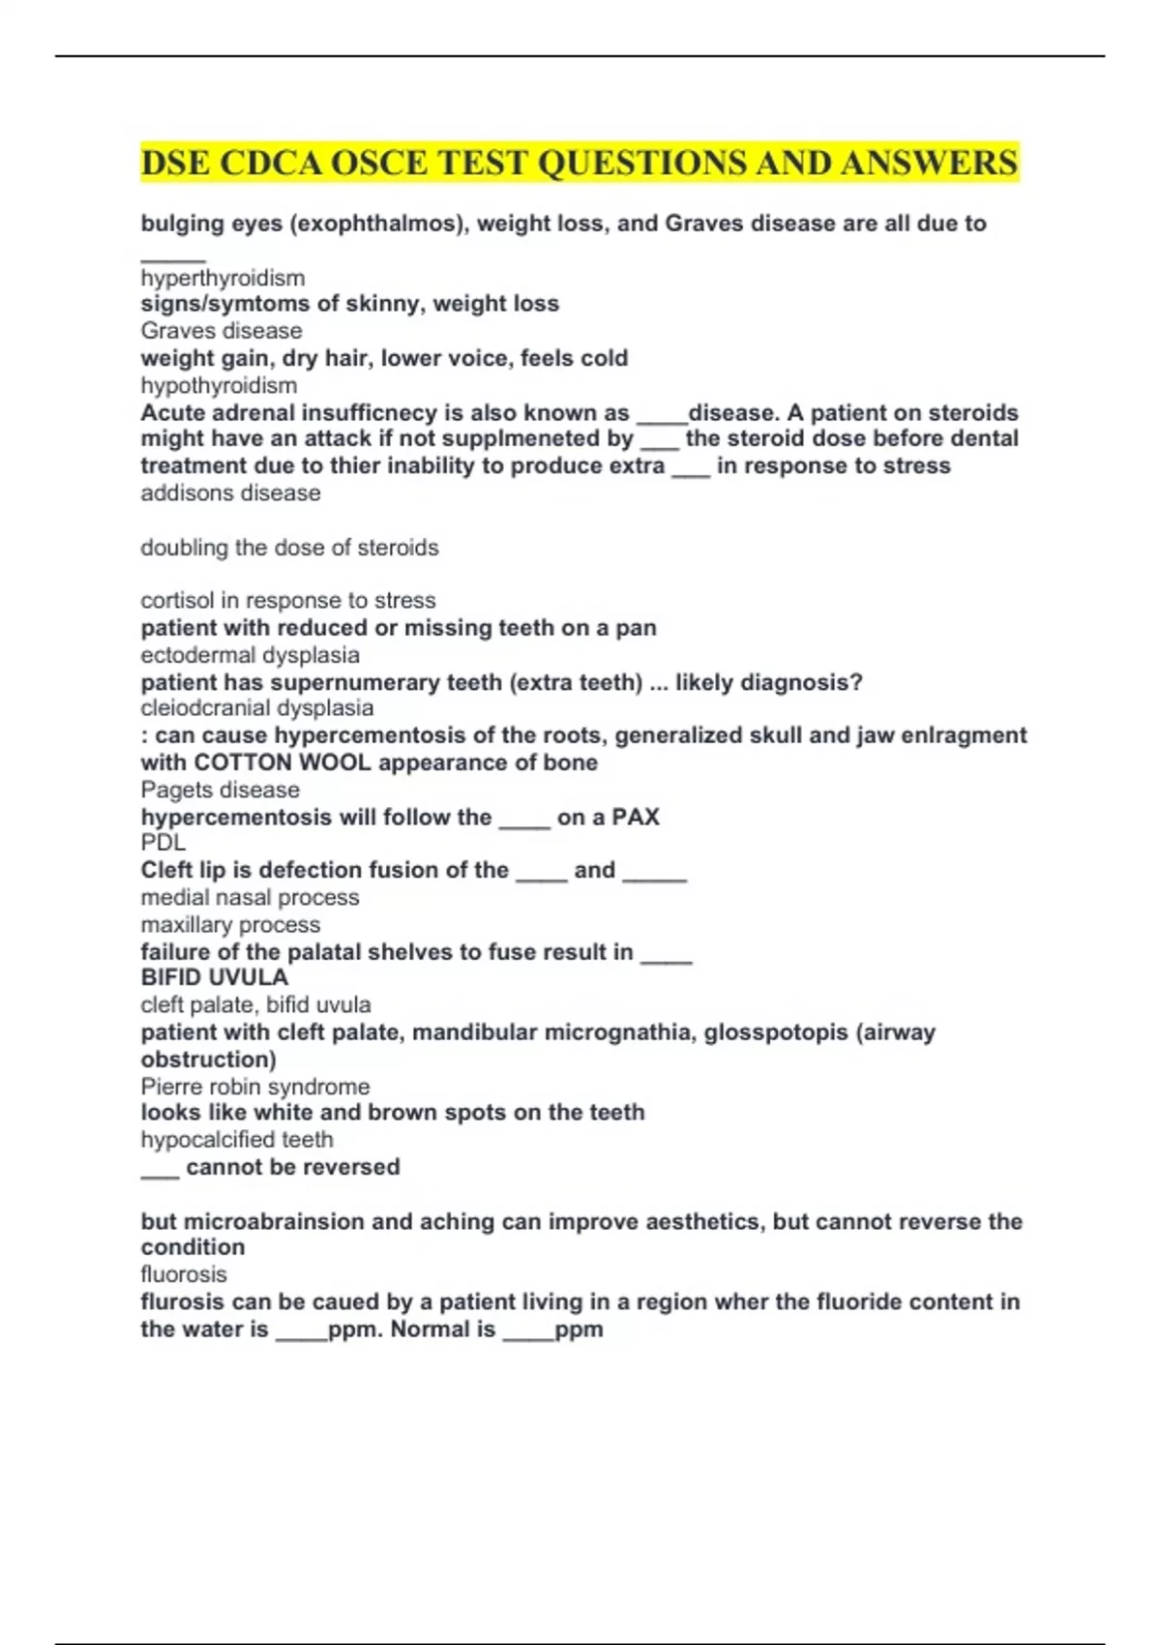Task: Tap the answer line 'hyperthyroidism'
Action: coord(223,279)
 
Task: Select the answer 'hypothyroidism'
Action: coord(219,386)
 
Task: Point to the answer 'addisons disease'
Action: coord(230,493)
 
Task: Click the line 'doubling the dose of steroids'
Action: coord(289,548)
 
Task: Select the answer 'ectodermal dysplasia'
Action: coord(250,655)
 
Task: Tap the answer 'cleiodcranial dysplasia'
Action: coord(256,708)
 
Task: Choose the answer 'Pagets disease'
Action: coord(220,790)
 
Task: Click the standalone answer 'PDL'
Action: coord(163,843)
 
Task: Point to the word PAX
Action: coord(636,818)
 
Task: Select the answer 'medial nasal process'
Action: coord(250,898)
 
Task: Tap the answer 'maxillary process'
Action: coord(230,925)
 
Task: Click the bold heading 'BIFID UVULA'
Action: coord(214,977)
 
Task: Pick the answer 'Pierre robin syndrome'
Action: coord(254,1087)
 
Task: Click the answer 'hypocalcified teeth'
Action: coord(237,1140)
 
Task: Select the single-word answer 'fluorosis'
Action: coord(184,1274)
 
